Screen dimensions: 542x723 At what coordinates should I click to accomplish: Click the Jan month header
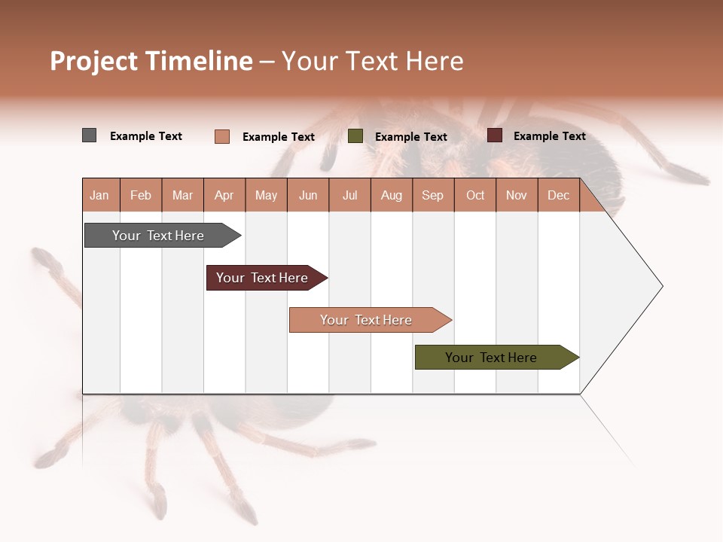click(99, 195)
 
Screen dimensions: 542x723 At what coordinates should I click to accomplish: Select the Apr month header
click(224, 195)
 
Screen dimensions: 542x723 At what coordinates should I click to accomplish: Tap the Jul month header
click(349, 195)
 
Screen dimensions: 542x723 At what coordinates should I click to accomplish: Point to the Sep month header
click(432, 195)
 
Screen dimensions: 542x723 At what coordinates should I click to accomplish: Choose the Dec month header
click(558, 195)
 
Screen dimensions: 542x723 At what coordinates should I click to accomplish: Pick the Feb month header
click(141, 195)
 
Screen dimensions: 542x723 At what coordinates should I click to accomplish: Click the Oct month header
click(475, 195)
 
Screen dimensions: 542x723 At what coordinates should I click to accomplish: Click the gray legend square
click(89, 135)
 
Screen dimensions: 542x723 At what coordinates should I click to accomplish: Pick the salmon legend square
click(221, 136)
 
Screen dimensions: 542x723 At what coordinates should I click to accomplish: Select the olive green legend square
click(355, 136)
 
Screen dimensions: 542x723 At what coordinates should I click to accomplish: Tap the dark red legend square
click(495, 135)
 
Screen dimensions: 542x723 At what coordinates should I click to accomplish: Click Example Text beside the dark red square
click(549, 136)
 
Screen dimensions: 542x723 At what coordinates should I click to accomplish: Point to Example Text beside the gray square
click(146, 136)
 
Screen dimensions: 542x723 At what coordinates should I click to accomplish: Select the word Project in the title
click(94, 61)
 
